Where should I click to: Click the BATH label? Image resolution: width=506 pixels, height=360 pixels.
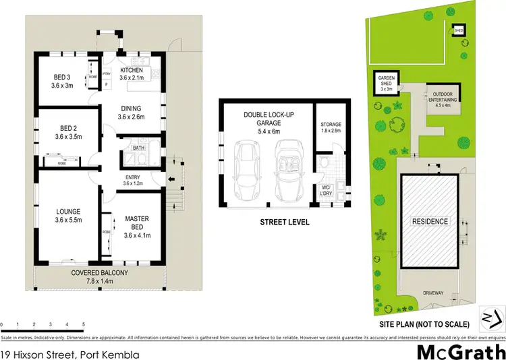tap(138, 147)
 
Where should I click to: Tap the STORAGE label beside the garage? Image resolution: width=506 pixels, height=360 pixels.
tap(331, 125)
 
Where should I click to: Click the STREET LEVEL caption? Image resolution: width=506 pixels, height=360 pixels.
tap(284, 220)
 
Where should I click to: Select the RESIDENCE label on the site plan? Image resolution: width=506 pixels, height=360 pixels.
tap(430, 221)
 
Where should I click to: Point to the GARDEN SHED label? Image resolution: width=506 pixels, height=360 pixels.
tap(386, 82)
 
